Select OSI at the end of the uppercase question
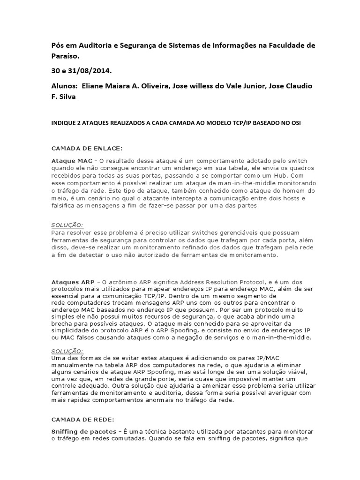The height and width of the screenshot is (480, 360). (295, 123)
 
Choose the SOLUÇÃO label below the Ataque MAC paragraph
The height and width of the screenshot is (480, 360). (67, 225)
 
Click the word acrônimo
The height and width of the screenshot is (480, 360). (119, 282)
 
